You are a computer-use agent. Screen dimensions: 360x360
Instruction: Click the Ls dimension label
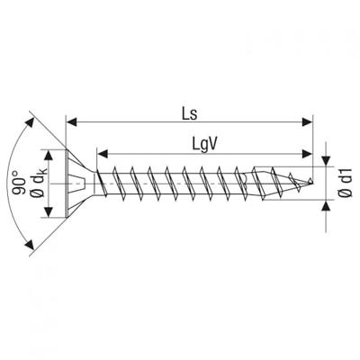pos(189,114)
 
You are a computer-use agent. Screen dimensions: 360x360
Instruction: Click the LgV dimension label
pos(204,146)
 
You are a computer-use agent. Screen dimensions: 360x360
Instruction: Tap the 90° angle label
pos(18,183)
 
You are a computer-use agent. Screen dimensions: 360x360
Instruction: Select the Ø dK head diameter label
pos(40,183)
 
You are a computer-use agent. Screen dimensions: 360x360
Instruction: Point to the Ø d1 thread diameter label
pos(346,183)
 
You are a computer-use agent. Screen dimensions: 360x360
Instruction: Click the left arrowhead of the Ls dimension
pos(71,122)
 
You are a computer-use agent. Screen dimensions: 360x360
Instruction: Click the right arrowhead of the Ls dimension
pos(307,122)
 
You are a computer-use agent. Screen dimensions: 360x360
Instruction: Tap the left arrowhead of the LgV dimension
pos(103,154)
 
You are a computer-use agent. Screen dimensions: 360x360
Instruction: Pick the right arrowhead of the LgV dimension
pos(307,154)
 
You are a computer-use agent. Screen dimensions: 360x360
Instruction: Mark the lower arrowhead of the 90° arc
pos(29,244)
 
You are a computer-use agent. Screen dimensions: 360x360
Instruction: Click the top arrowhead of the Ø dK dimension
pos(49,156)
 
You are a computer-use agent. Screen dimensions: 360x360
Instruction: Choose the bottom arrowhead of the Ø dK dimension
pos(49,211)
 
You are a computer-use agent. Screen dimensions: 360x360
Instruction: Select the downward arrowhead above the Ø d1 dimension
pos(326,160)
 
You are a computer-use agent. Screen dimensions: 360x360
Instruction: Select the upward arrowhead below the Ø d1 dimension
pos(326,205)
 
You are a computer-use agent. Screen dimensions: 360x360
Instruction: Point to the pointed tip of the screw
pos(312,182)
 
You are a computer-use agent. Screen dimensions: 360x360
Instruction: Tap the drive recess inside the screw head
pos(76,184)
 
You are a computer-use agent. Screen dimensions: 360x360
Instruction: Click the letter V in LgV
pos(212,145)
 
